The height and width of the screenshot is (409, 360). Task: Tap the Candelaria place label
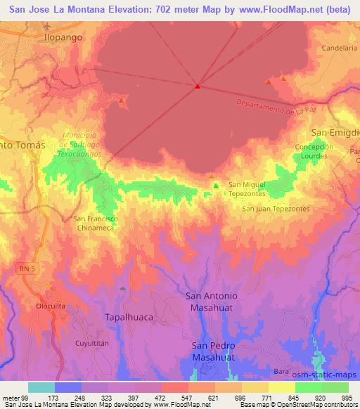point(340,48)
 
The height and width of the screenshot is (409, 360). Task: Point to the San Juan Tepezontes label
point(276,209)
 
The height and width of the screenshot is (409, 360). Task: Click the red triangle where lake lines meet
point(198,87)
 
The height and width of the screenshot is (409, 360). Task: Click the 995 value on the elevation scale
point(347,398)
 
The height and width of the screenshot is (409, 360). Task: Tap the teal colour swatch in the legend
point(41,387)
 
